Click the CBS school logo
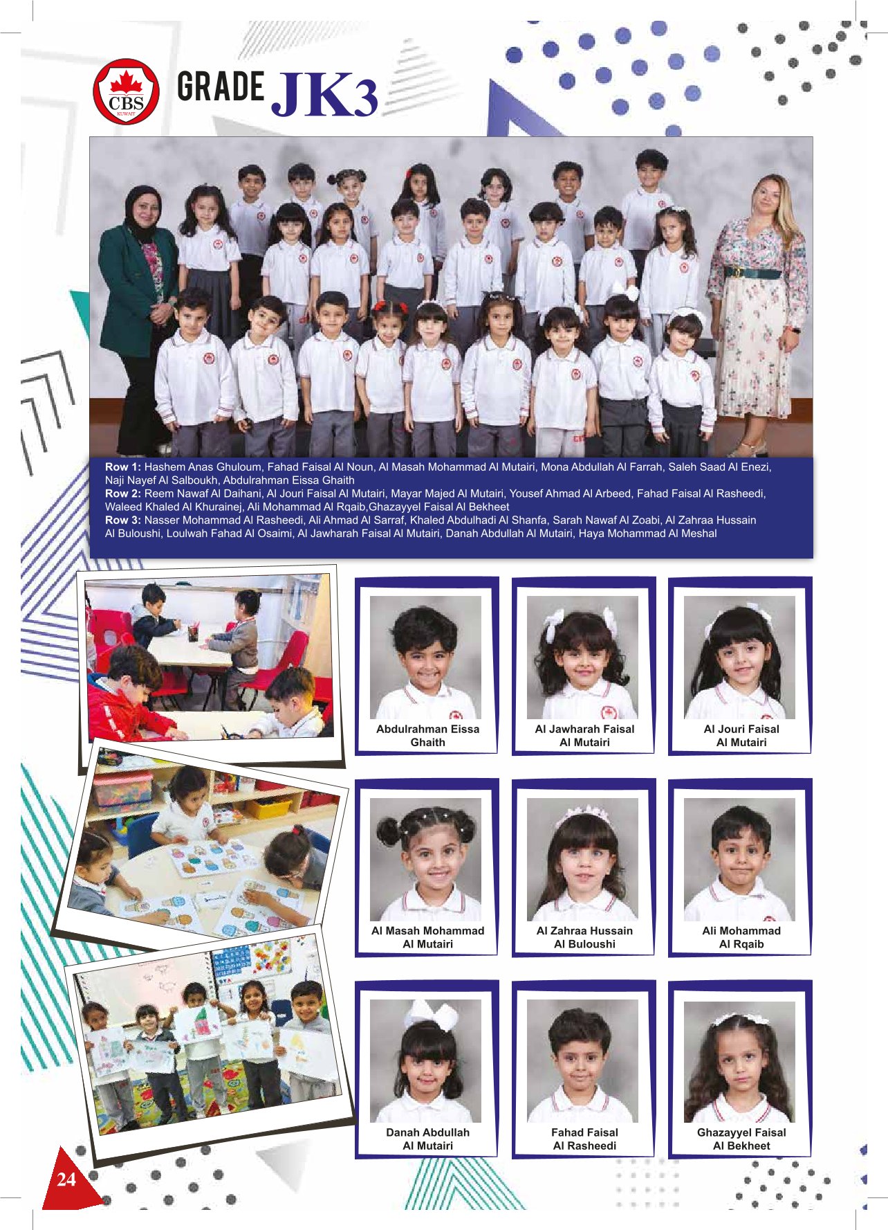[126, 92]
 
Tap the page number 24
[66, 1179]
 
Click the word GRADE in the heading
[221, 87]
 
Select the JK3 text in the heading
[326, 95]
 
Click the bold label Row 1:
[123, 467]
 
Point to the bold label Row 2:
[123, 494]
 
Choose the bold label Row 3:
[123, 520]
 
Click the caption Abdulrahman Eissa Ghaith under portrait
[427, 735]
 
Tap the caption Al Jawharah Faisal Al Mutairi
[584, 735]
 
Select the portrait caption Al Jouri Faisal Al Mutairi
[741, 735]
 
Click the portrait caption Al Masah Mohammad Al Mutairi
[427, 937]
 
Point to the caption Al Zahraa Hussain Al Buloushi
[584, 937]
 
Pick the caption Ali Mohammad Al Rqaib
[741, 937]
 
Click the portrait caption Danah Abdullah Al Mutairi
[427, 1139]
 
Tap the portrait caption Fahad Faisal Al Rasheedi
[584, 1139]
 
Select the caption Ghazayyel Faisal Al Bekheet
[741, 1139]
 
